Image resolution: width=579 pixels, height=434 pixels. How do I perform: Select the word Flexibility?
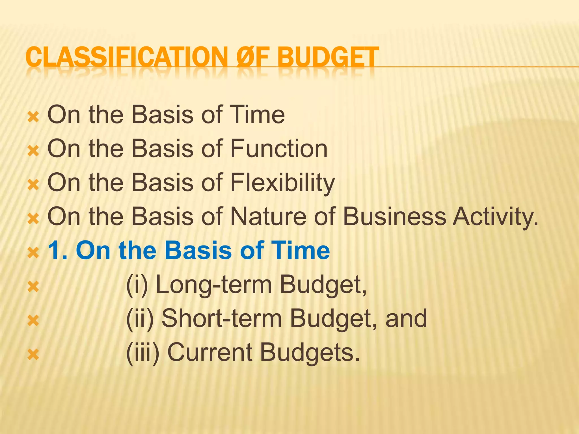[x=282, y=183]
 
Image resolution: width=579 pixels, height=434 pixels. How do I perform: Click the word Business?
[x=395, y=216]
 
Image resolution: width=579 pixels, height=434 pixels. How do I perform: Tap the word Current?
[x=210, y=353]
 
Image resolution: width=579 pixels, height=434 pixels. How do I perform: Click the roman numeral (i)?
[x=137, y=285]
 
